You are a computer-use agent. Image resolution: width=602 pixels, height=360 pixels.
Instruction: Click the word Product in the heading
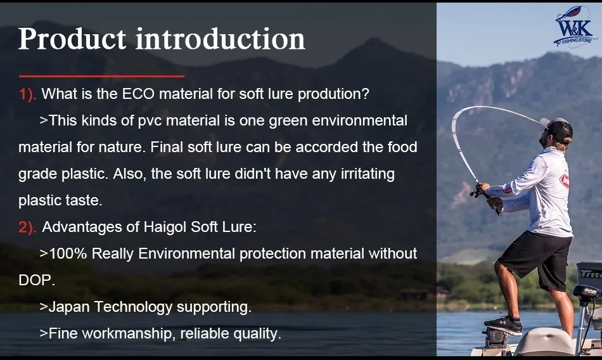tap(72, 39)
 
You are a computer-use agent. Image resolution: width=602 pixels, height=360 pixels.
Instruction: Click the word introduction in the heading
tap(221, 39)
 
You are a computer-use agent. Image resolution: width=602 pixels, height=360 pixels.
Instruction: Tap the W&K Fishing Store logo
tap(575, 27)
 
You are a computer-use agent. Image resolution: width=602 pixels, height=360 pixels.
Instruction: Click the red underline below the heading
tap(101, 76)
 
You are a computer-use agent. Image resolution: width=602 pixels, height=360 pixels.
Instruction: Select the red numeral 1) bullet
tap(28, 94)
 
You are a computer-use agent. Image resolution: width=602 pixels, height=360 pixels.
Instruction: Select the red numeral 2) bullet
tap(27, 228)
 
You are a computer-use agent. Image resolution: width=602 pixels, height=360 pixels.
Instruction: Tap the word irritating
tap(368, 174)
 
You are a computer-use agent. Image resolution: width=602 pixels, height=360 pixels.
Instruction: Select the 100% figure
tap(68, 254)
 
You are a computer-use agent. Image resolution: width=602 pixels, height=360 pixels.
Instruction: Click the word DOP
tap(35, 280)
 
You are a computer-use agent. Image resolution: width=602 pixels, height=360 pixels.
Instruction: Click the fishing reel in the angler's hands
tap(477, 190)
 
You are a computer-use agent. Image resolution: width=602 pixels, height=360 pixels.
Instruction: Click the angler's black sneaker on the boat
tap(503, 325)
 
